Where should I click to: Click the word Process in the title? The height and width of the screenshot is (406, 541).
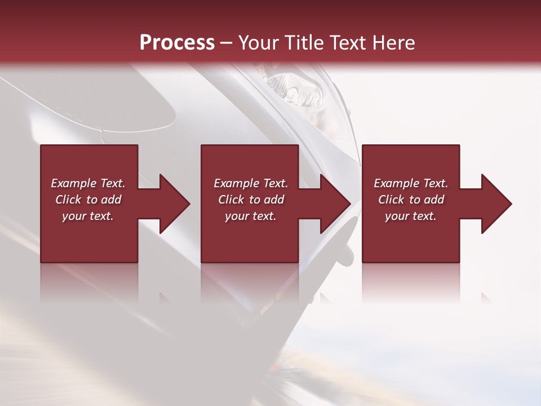(x=177, y=43)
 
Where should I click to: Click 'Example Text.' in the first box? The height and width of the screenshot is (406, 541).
(x=88, y=183)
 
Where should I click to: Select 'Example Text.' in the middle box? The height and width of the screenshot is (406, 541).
(x=250, y=183)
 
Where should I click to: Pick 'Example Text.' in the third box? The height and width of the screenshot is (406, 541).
(x=411, y=183)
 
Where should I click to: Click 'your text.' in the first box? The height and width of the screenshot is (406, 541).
(x=88, y=216)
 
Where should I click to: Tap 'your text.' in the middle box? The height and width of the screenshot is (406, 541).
(x=250, y=216)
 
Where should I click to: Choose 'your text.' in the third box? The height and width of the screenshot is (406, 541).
(x=411, y=216)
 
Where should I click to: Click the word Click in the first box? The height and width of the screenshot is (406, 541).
(x=68, y=200)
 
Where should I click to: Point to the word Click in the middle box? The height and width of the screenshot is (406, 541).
(x=231, y=200)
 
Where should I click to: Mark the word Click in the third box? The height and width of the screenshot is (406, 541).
(x=392, y=200)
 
